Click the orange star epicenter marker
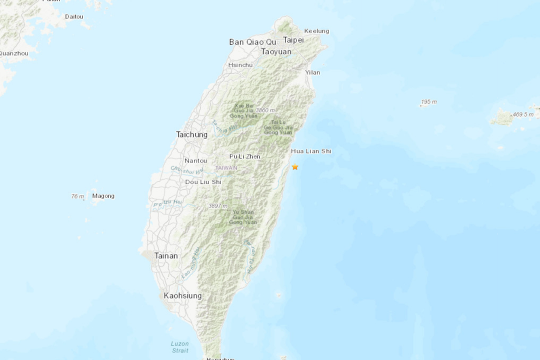tap(295, 167)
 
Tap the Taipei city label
tap(293, 40)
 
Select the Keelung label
tap(316, 31)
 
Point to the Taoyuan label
tap(276, 51)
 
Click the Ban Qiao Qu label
tap(252, 41)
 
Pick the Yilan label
tap(312, 72)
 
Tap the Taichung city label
tap(191, 134)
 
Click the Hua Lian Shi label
tap(311, 151)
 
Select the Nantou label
tap(195, 160)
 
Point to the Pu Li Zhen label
tap(244, 156)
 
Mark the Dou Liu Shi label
tap(203, 182)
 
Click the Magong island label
tap(103, 196)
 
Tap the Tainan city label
tap(165, 255)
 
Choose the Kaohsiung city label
tap(183, 295)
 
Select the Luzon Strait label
tap(179, 347)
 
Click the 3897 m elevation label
tap(218, 206)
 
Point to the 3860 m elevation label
tap(265, 110)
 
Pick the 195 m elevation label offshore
tap(428, 102)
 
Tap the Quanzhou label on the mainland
tap(13, 53)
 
